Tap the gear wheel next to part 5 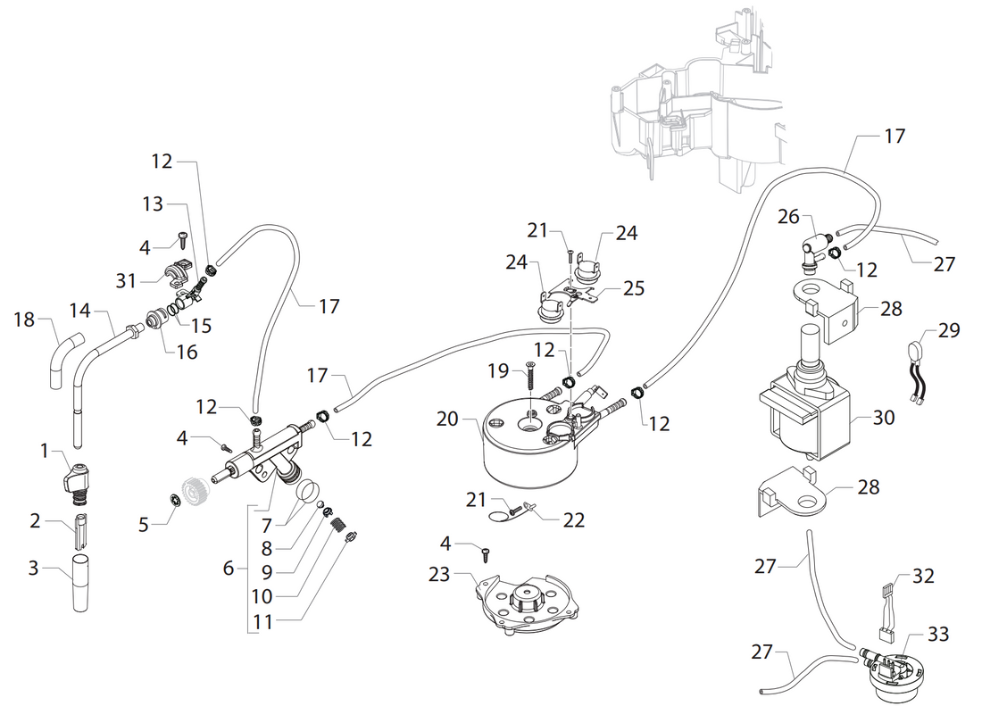tap(195, 490)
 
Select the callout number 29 tap(949, 330)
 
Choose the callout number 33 tap(936, 635)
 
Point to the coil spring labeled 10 tap(339, 528)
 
